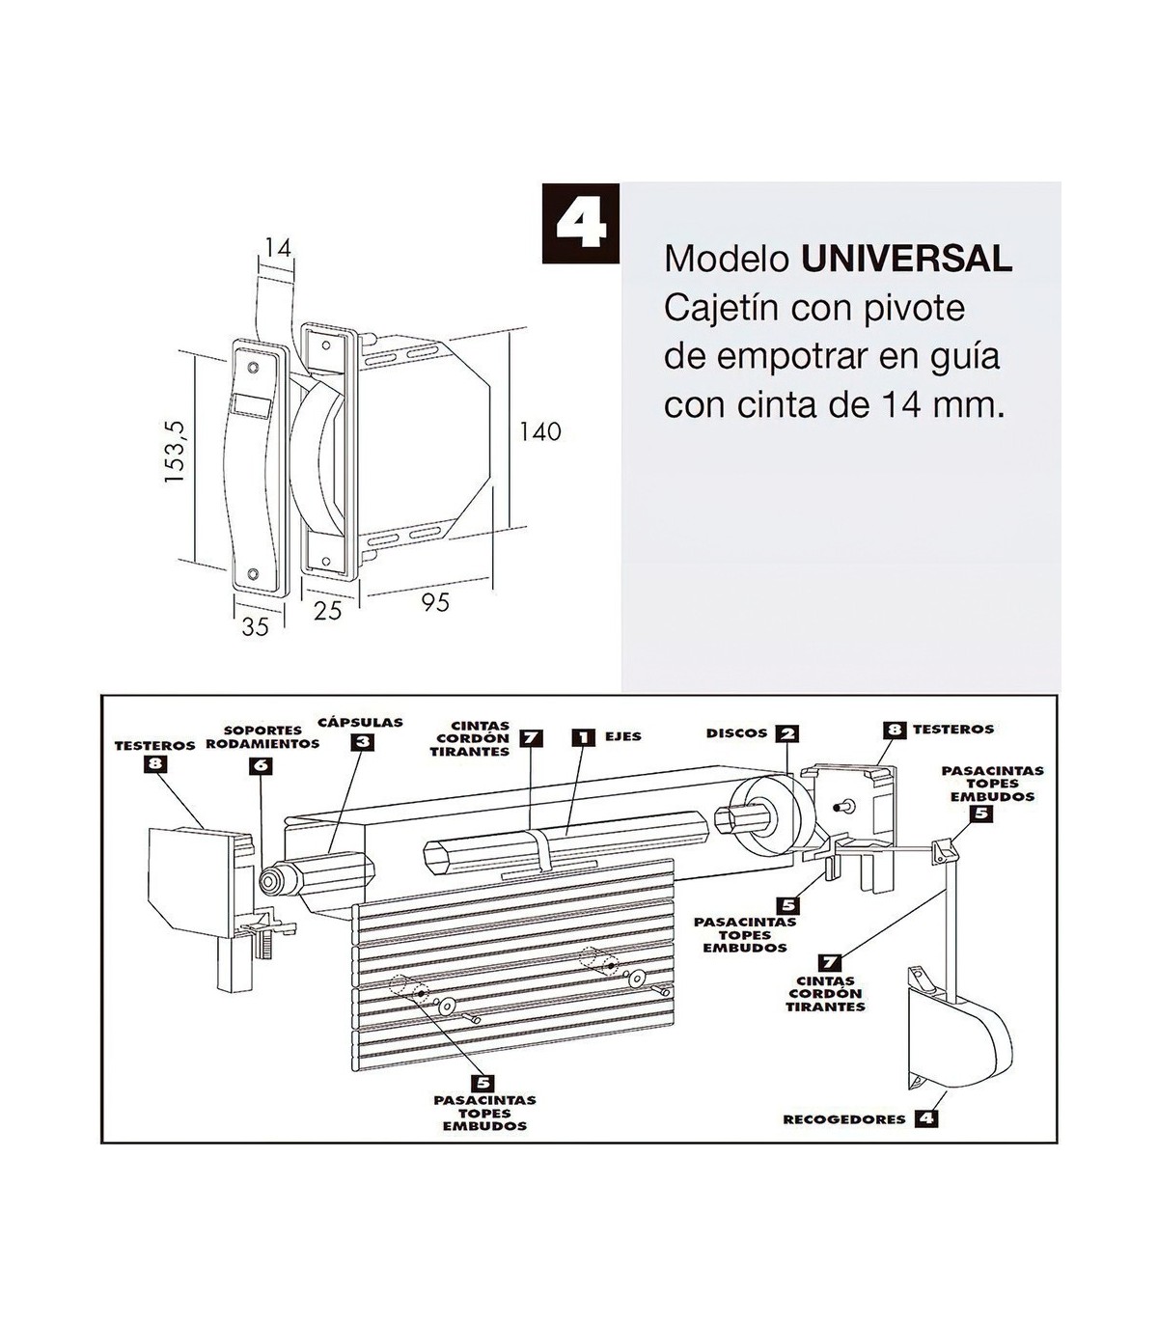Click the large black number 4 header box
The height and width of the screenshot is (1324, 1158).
click(581, 223)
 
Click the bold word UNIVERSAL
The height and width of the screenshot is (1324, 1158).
click(906, 259)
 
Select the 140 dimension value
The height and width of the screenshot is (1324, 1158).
click(540, 431)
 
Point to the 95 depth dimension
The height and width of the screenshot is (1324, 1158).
click(435, 603)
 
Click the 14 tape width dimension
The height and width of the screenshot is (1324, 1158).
click(278, 248)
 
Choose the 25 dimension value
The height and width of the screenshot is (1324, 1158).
click(327, 610)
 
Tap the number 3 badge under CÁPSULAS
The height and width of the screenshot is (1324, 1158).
click(362, 741)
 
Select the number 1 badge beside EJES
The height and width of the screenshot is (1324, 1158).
click(584, 736)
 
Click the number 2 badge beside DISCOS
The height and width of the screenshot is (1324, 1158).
click(788, 733)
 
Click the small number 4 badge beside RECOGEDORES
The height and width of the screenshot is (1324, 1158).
click(925, 1118)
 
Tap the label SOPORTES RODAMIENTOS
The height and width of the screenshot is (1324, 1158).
click(262, 737)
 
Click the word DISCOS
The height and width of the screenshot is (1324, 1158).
click(737, 733)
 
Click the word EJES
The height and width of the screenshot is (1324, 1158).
click(623, 736)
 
